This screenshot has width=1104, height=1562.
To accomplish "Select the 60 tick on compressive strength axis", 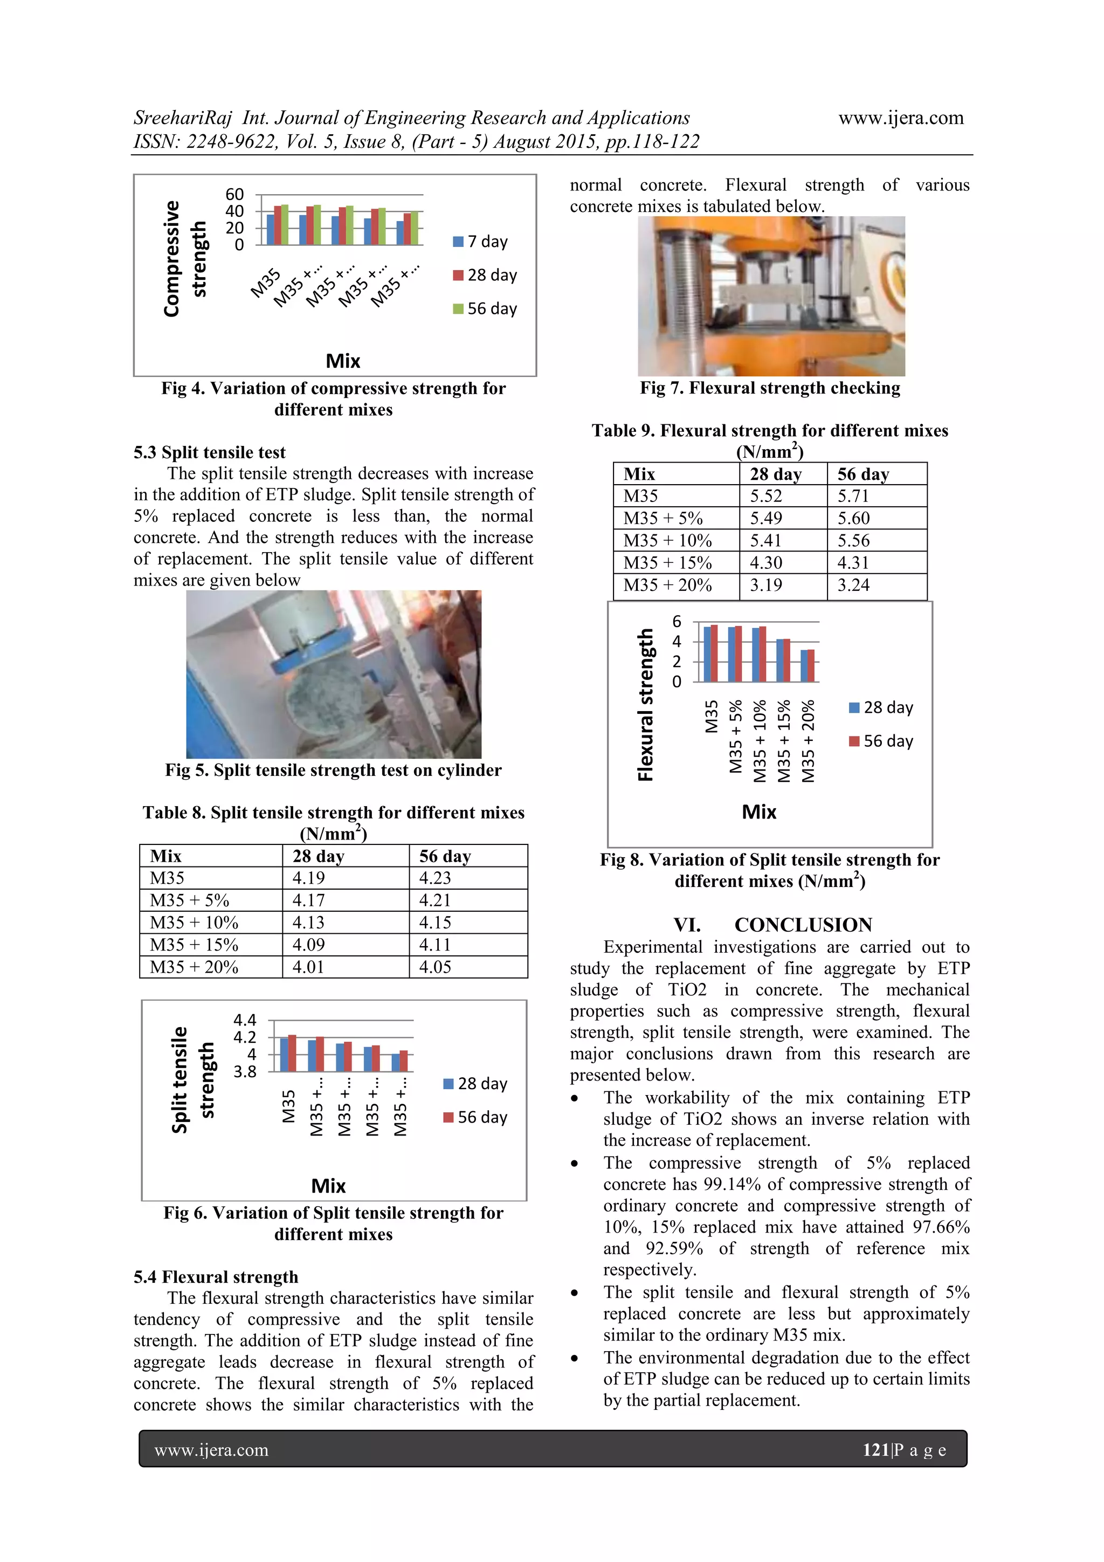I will (x=234, y=195).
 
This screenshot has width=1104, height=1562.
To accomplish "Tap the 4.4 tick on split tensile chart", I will (x=244, y=1020).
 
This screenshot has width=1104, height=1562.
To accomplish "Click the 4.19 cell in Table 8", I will (x=308, y=878).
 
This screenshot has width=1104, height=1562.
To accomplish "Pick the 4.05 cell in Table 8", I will (x=436, y=967).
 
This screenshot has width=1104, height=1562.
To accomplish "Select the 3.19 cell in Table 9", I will (x=766, y=585).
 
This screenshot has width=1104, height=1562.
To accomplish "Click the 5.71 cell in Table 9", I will (x=854, y=496).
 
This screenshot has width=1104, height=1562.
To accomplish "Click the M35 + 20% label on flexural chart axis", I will (x=808, y=741).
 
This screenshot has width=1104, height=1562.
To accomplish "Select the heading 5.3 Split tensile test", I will (x=210, y=452).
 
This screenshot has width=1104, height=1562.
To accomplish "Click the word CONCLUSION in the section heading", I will (x=803, y=925).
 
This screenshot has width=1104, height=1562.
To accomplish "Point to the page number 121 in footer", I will (x=875, y=1450).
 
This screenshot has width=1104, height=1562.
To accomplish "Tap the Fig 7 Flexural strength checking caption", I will (x=769, y=388).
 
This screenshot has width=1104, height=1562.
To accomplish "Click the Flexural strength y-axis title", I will (x=645, y=704).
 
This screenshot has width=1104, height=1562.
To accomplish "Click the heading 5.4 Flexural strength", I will (x=216, y=1277).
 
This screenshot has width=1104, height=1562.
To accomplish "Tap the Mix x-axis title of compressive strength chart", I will (x=343, y=361).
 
